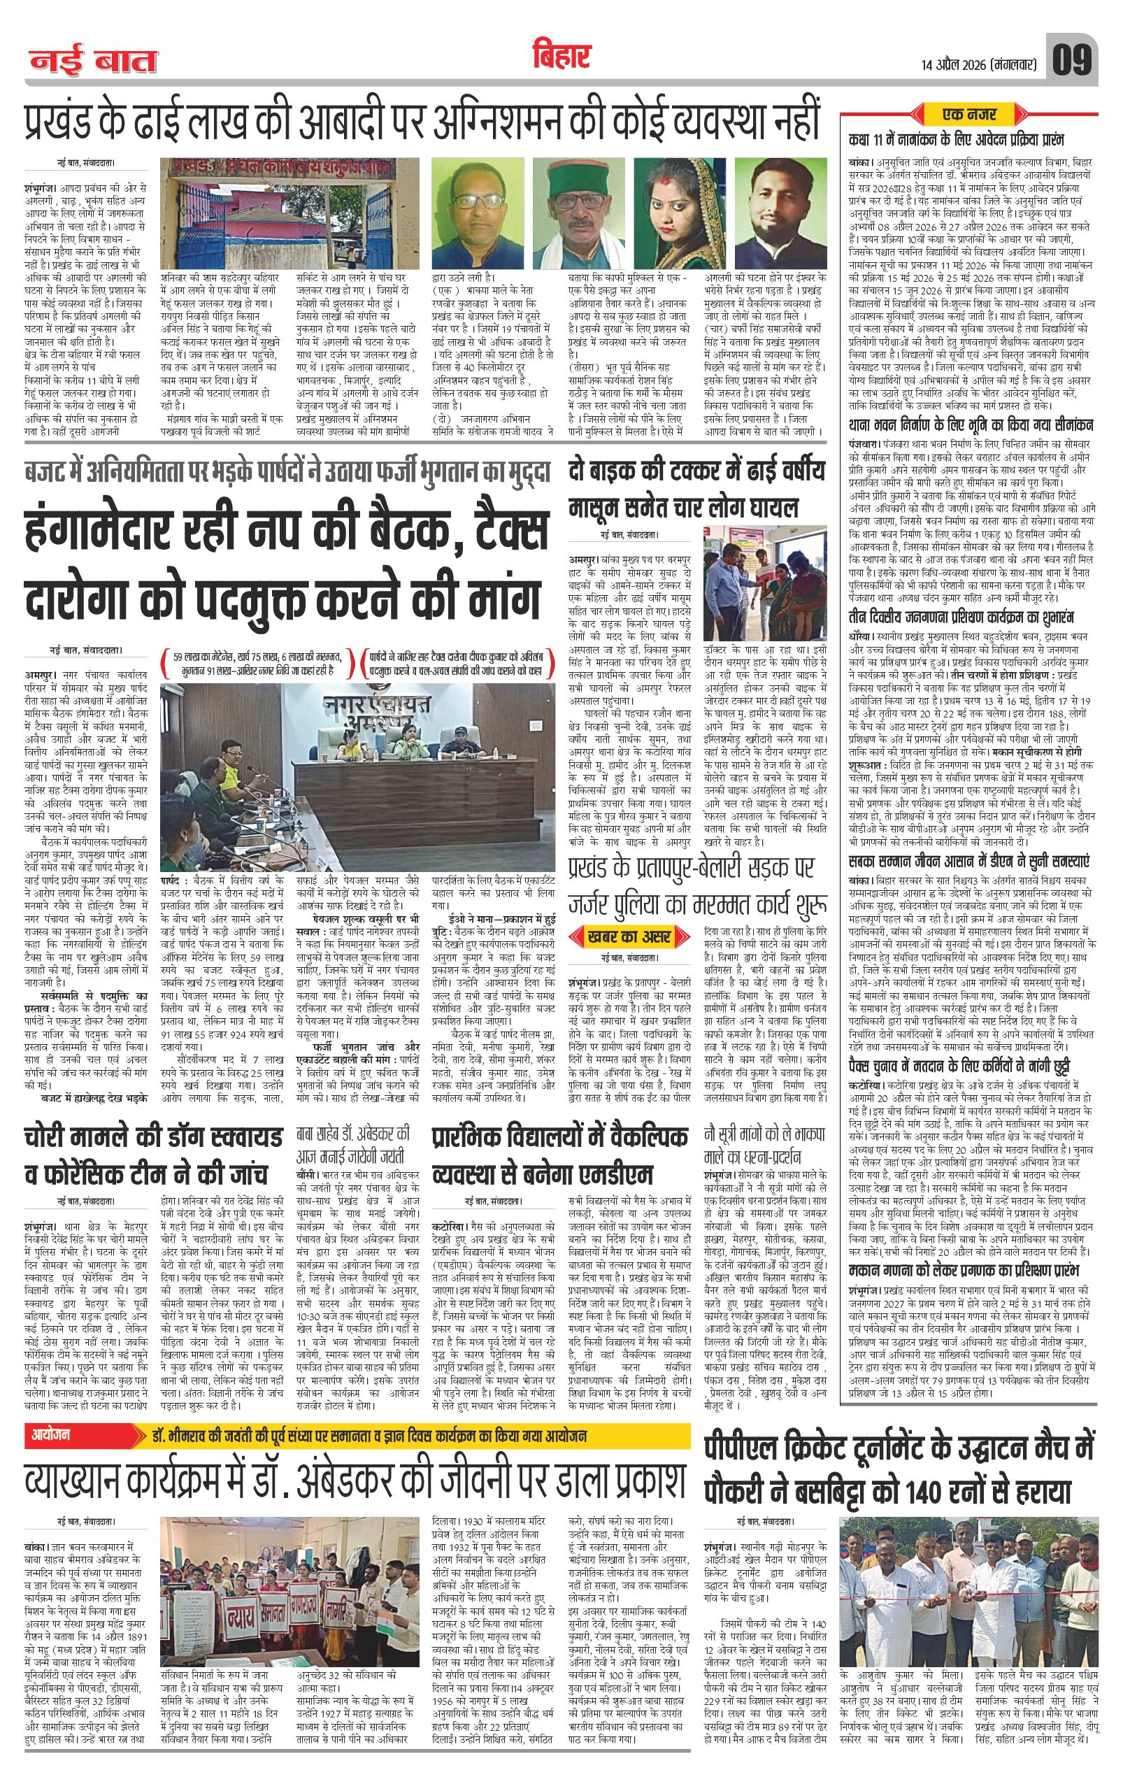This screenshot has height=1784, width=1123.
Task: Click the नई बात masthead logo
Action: [x=93, y=62]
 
